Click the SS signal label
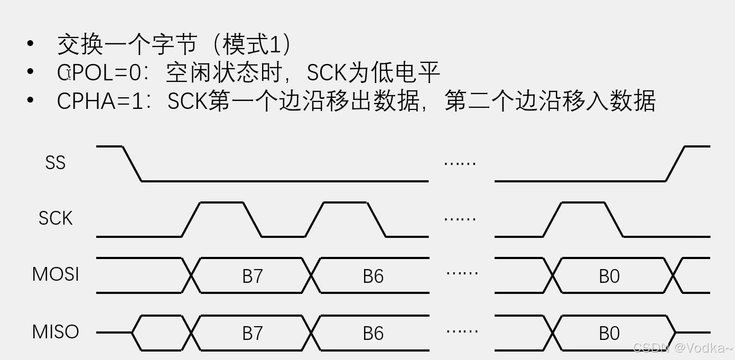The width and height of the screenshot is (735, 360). click(x=55, y=162)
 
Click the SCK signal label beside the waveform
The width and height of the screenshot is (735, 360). click(x=55, y=218)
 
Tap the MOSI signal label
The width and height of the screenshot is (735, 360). click(x=55, y=274)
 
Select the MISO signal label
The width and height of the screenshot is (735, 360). click(x=55, y=332)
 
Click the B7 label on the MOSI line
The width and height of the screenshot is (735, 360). click(x=253, y=276)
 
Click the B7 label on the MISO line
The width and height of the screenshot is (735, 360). click(x=253, y=333)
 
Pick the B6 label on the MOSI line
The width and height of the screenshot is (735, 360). click(x=373, y=276)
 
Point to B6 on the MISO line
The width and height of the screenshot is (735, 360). click(x=373, y=333)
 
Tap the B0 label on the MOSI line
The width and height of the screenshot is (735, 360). click(x=609, y=276)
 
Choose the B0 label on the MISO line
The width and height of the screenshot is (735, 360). click(x=609, y=333)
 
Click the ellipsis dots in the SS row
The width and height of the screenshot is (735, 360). click(x=460, y=163)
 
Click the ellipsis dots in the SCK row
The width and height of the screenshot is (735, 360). click(x=460, y=218)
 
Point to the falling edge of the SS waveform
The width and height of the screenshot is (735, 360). click(x=132, y=164)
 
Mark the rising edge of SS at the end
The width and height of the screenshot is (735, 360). click(x=675, y=164)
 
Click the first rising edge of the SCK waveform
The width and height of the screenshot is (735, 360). click(x=191, y=219)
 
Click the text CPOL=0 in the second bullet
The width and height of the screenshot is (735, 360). click(x=100, y=73)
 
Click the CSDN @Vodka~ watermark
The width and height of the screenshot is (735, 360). click(x=682, y=347)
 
